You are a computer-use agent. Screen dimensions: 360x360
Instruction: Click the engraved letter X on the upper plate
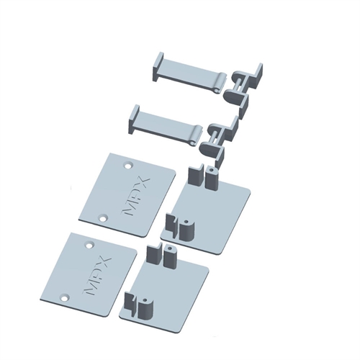[x=143, y=181]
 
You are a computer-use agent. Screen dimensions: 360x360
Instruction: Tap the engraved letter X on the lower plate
[x=105, y=261]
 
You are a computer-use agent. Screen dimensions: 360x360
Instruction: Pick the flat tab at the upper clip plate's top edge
[x=194, y=177]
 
